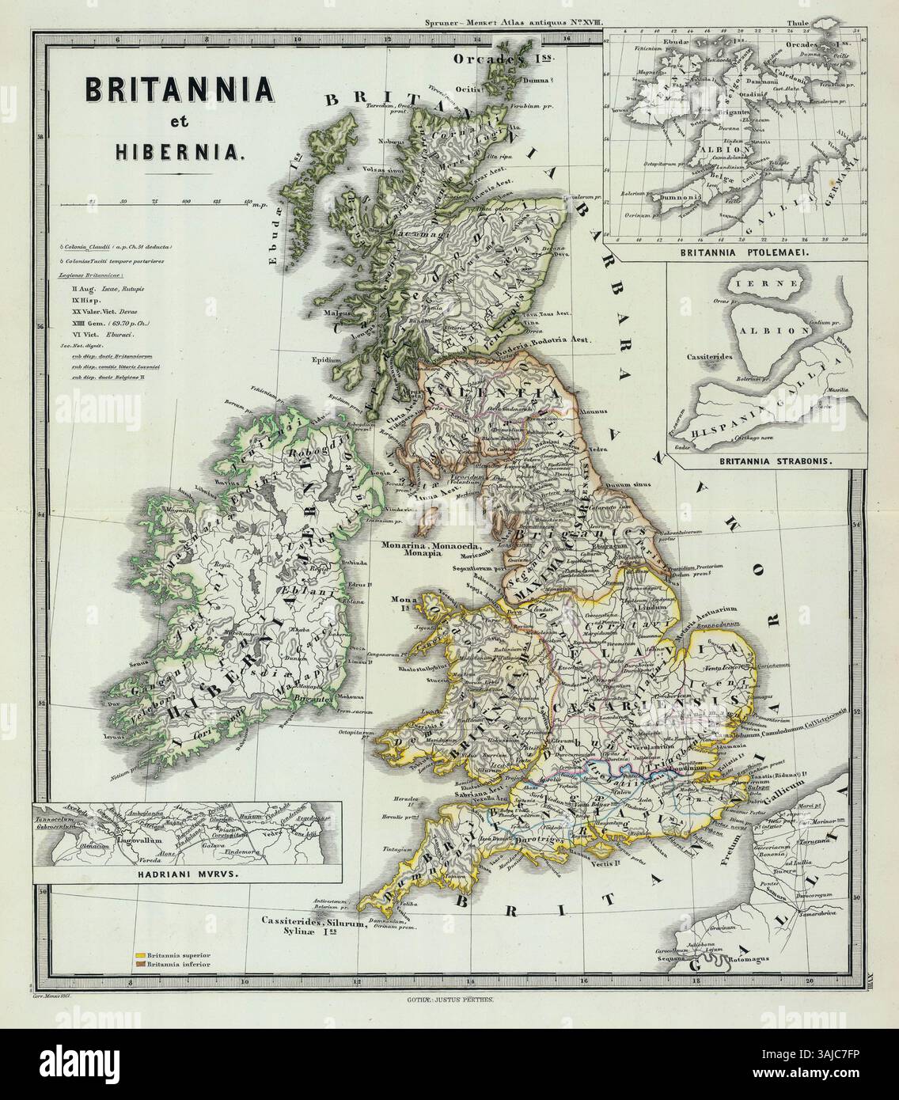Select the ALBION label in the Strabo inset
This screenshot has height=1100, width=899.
(x=779, y=330)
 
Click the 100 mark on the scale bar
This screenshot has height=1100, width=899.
(x=185, y=202)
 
